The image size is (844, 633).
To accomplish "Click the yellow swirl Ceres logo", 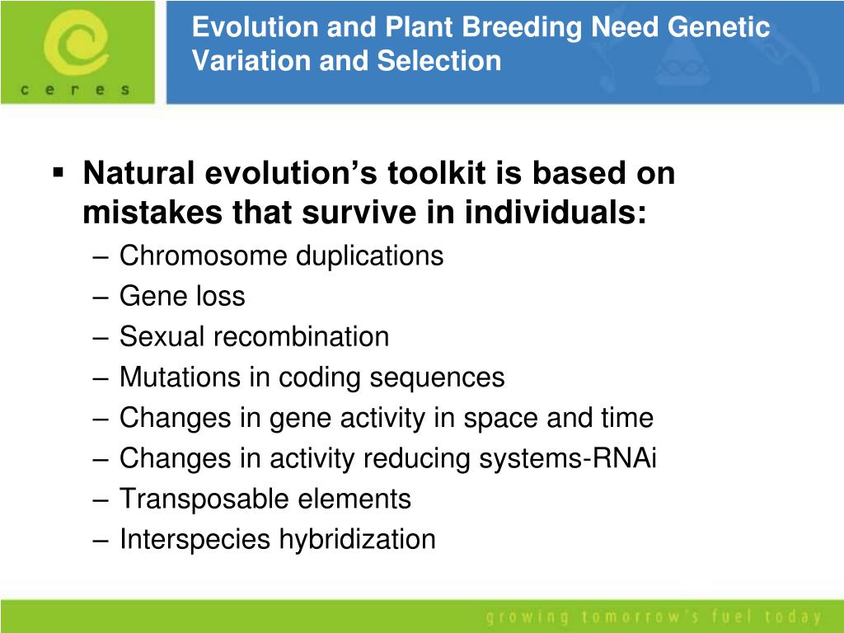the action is point(75,44).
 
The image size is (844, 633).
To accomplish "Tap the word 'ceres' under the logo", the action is point(75,89).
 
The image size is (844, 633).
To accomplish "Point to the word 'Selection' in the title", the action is point(439,60).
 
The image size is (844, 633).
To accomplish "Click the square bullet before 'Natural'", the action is point(59,173).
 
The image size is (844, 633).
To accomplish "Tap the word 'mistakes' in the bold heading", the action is point(152,212).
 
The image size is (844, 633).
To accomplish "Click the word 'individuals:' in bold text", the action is point(555,212).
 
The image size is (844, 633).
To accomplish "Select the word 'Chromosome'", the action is point(203,256).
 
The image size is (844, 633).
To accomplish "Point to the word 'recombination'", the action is point(301,337).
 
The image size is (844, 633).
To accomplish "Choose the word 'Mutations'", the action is point(180,377).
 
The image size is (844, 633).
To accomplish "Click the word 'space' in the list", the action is point(500,418).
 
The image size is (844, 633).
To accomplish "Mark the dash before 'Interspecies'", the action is point(101,540).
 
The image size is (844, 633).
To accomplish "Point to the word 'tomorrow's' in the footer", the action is point(640,617).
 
